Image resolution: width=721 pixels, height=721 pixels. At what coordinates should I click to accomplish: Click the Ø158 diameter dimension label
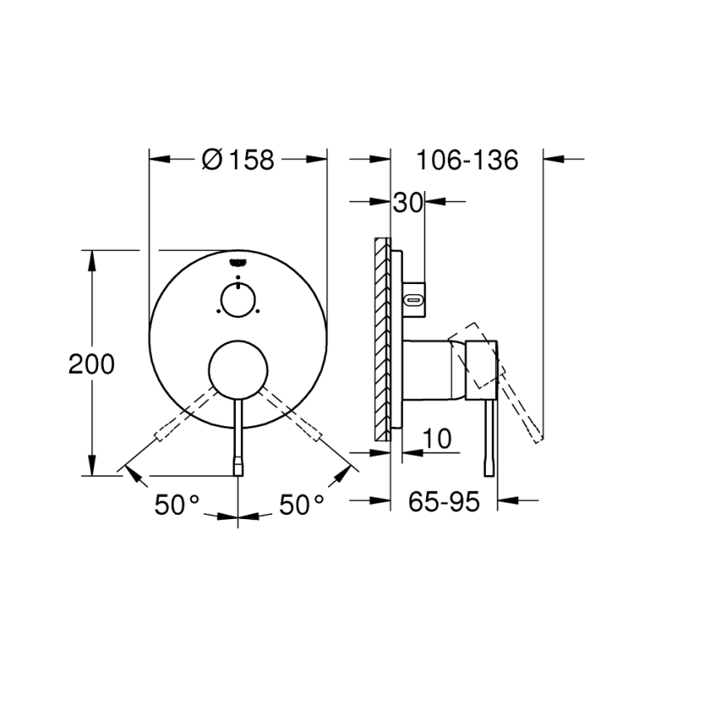pyautogui.click(x=238, y=159)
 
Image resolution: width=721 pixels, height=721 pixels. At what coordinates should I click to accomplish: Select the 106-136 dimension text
pyautogui.click(x=467, y=159)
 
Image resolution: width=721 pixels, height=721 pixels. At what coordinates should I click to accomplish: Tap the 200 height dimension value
pyautogui.click(x=91, y=364)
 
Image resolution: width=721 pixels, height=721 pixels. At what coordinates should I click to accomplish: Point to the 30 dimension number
pyautogui.click(x=408, y=203)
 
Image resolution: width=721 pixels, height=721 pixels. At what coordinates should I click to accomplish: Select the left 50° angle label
pyautogui.click(x=177, y=504)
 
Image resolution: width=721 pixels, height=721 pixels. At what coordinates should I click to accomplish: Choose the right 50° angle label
pyautogui.click(x=302, y=504)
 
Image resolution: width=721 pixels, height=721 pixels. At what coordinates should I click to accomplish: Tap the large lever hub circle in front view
pyautogui.click(x=238, y=369)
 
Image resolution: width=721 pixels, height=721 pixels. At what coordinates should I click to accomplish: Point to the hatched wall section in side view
pyautogui.click(x=382, y=341)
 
